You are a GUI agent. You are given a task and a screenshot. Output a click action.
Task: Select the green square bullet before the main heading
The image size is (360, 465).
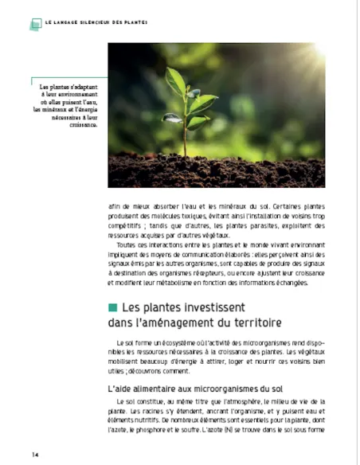[x=112, y=307]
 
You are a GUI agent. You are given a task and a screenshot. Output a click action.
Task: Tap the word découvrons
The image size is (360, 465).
[x=147, y=371]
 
